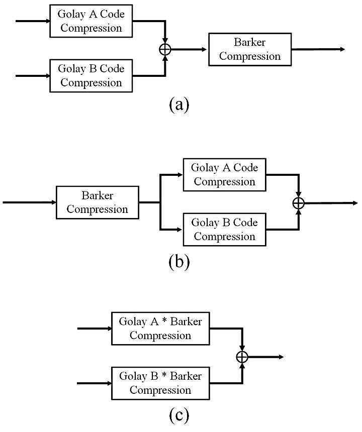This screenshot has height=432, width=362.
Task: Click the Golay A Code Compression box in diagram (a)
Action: click(x=91, y=21)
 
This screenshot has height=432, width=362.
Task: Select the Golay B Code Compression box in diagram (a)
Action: click(x=91, y=75)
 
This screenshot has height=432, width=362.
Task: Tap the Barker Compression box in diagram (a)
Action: click(x=250, y=49)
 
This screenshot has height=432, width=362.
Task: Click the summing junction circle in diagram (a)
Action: click(x=165, y=50)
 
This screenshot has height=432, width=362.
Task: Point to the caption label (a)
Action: click(x=179, y=104)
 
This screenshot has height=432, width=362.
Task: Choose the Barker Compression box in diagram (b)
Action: click(x=98, y=202)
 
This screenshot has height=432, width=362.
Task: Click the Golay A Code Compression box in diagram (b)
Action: click(x=224, y=175)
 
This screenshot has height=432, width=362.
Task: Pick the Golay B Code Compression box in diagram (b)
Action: click(x=224, y=230)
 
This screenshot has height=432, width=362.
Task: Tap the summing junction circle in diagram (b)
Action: click(x=298, y=203)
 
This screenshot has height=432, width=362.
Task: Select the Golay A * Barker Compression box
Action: click(x=160, y=329)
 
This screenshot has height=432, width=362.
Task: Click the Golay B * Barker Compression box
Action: click(x=160, y=383)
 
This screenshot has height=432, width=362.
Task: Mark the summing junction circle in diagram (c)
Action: click(x=242, y=357)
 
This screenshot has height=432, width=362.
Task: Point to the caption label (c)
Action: click(x=179, y=415)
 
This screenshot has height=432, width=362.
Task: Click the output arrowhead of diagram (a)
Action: click(x=342, y=49)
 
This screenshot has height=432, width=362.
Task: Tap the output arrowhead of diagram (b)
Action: click(x=355, y=203)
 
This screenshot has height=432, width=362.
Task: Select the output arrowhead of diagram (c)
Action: click(x=281, y=357)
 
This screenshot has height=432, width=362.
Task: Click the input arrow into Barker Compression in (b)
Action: click(x=29, y=202)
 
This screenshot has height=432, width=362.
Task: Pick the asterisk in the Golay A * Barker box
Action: click(x=164, y=320)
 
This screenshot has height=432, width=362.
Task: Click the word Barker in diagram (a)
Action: click(x=250, y=42)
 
